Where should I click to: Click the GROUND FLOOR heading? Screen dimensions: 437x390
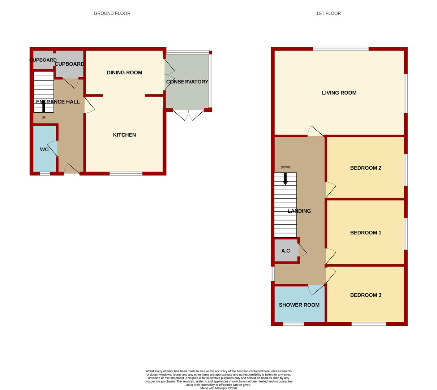pyautogui.click(x=112, y=13)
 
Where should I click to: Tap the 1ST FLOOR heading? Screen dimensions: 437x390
pyautogui.click(x=328, y=13)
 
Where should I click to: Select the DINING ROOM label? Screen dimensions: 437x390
pyautogui.click(x=124, y=73)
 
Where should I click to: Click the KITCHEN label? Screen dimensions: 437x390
pyautogui.click(x=124, y=135)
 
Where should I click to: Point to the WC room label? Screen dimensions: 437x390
pyautogui.click(x=44, y=149)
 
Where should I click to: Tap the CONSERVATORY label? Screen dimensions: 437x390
pyautogui.click(x=187, y=82)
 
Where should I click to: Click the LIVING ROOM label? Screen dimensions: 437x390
pyautogui.click(x=339, y=93)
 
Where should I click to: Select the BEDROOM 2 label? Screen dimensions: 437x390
pyautogui.click(x=365, y=168)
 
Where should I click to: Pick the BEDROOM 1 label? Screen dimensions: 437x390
pyautogui.click(x=365, y=233)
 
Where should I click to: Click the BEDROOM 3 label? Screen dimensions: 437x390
pyautogui.click(x=365, y=295)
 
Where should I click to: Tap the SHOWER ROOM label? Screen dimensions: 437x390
pyautogui.click(x=299, y=305)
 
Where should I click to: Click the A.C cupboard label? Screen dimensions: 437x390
pyautogui.click(x=286, y=251)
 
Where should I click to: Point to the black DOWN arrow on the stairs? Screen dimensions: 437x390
pyautogui.click(x=285, y=179)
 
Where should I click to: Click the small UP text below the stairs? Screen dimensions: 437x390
pyautogui.click(x=44, y=118)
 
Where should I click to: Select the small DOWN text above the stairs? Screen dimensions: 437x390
pyautogui.click(x=285, y=168)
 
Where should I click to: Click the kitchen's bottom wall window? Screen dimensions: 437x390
pyautogui.click(x=126, y=174)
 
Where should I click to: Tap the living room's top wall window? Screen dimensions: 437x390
pyautogui.click(x=340, y=49)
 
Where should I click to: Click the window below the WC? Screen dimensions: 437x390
pyautogui.click(x=45, y=174)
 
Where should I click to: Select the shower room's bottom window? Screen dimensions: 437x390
pyautogui.click(x=294, y=324)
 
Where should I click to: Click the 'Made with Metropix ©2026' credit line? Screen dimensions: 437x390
pyautogui.click(x=218, y=388)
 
